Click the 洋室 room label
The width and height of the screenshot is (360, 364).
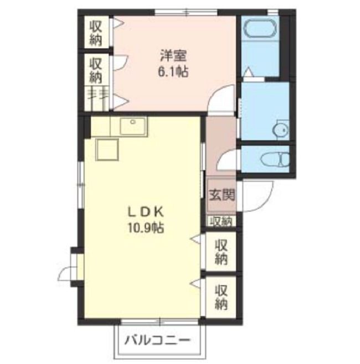[173, 56]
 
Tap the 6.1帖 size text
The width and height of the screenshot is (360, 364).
[173, 71]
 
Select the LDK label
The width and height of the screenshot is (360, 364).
[146, 212]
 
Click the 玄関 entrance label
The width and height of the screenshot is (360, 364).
[222, 195]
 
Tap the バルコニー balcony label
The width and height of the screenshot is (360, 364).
[157, 341]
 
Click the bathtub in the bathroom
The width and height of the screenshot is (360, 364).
[260, 28]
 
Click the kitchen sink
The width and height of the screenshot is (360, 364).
[133, 126]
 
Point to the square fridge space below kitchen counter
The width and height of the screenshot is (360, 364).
[107, 149]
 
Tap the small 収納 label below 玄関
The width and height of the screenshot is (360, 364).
[221, 221]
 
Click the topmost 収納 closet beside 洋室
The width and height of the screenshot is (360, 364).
[96, 32]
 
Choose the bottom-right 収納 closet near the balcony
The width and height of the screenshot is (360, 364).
[221, 298]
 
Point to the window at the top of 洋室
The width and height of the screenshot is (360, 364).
[186, 12]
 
